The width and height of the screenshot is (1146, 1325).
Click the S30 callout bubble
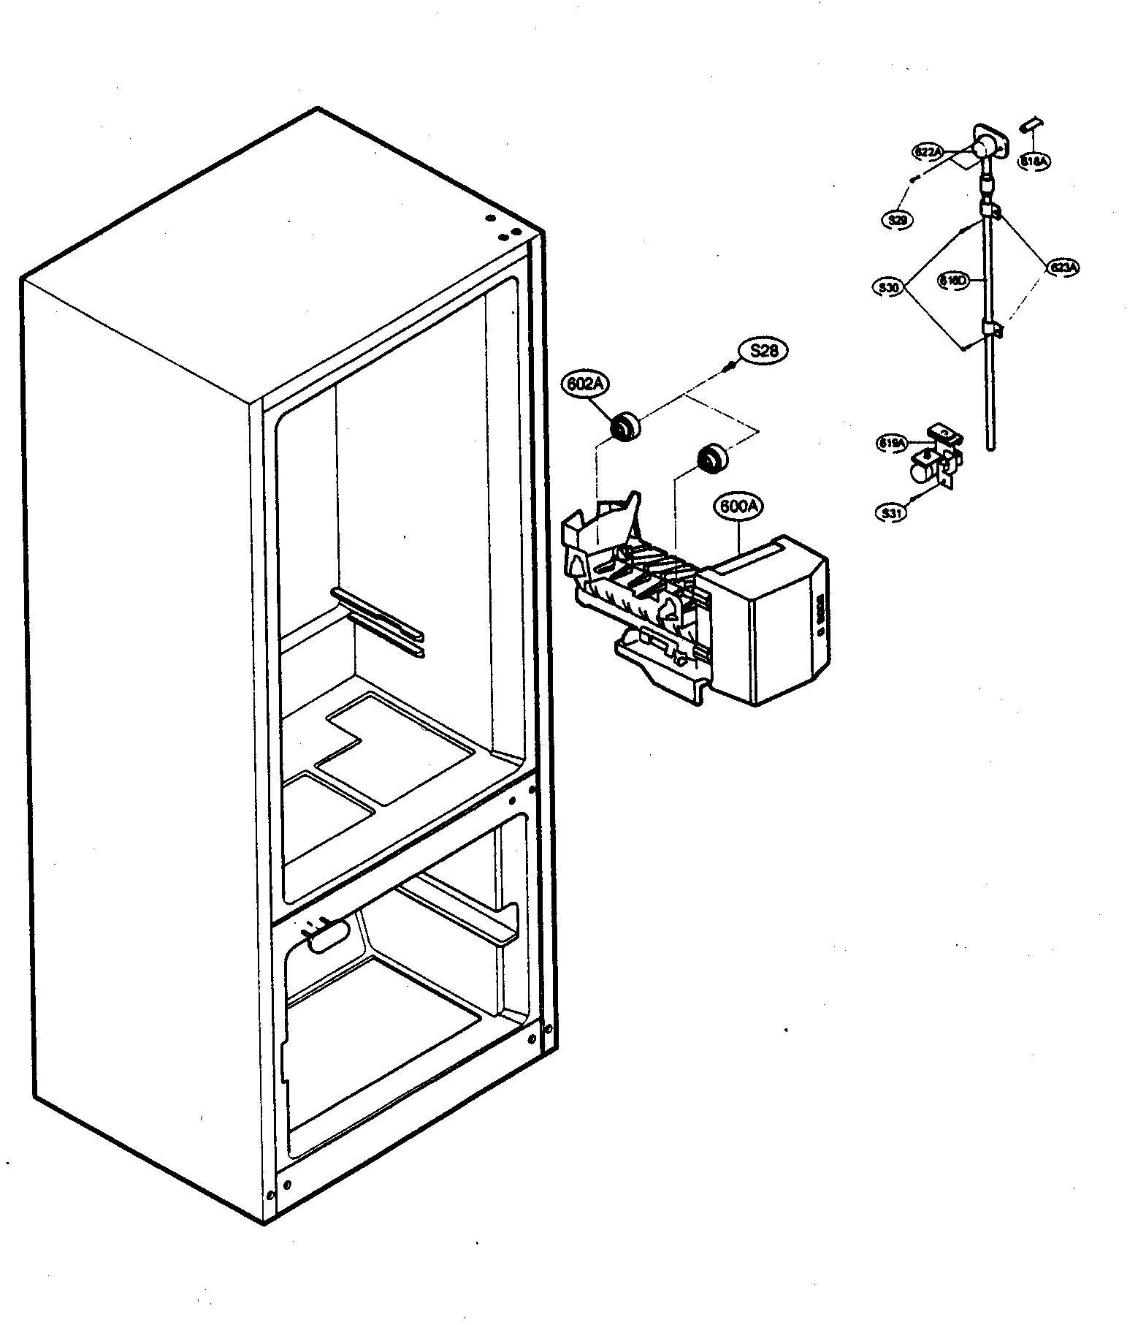point(890,287)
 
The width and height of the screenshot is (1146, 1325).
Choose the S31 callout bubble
point(891,513)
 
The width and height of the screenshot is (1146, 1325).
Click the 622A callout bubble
point(928,152)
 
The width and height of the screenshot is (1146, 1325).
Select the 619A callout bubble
point(893,443)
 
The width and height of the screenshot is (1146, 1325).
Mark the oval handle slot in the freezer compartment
point(330,938)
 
